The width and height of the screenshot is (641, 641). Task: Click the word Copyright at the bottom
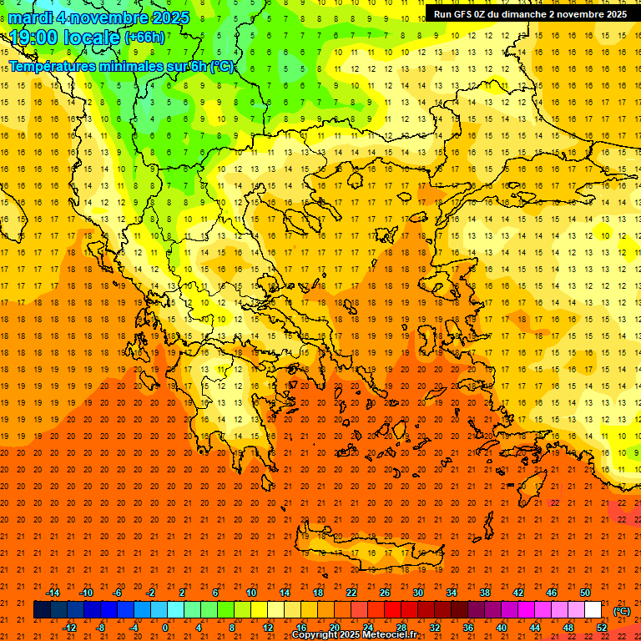coord(319,635)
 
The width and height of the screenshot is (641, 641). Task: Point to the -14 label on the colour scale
coord(53,593)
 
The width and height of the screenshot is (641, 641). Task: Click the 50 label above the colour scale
coord(585,593)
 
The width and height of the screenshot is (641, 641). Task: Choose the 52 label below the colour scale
coord(602,628)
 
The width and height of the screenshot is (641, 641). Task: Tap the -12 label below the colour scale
coord(69,628)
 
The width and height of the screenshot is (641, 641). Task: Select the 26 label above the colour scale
coord(385,593)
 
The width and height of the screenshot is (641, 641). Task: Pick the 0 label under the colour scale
coord(165,628)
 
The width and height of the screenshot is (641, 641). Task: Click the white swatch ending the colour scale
coord(593,610)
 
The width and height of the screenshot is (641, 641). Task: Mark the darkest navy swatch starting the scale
coord(42,610)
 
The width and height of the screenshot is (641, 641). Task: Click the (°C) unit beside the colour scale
coord(622,611)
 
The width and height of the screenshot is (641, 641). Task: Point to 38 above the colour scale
coord(485,593)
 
